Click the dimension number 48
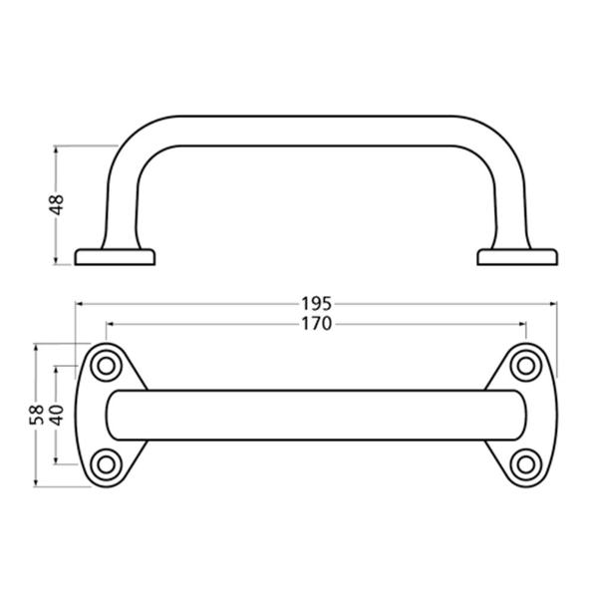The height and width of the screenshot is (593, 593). pyautogui.click(x=57, y=204)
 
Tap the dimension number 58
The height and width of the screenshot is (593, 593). pyautogui.click(x=35, y=415)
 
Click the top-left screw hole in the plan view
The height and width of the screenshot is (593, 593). pyautogui.click(x=104, y=367)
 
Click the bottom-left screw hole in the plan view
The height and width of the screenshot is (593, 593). pyautogui.click(x=104, y=463)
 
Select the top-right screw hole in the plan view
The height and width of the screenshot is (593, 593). pyautogui.click(x=525, y=367)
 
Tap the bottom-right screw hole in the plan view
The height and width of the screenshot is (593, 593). pyautogui.click(x=525, y=463)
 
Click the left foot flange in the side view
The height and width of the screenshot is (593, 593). pyautogui.click(x=116, y=257)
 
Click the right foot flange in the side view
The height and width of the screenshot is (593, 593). pyautogui.click(x=516, y=257)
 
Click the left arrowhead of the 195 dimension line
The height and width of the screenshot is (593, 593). pyautogui.click(x=81, y=303)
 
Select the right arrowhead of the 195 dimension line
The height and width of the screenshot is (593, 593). pyautogui.click(x=552, y=303)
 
